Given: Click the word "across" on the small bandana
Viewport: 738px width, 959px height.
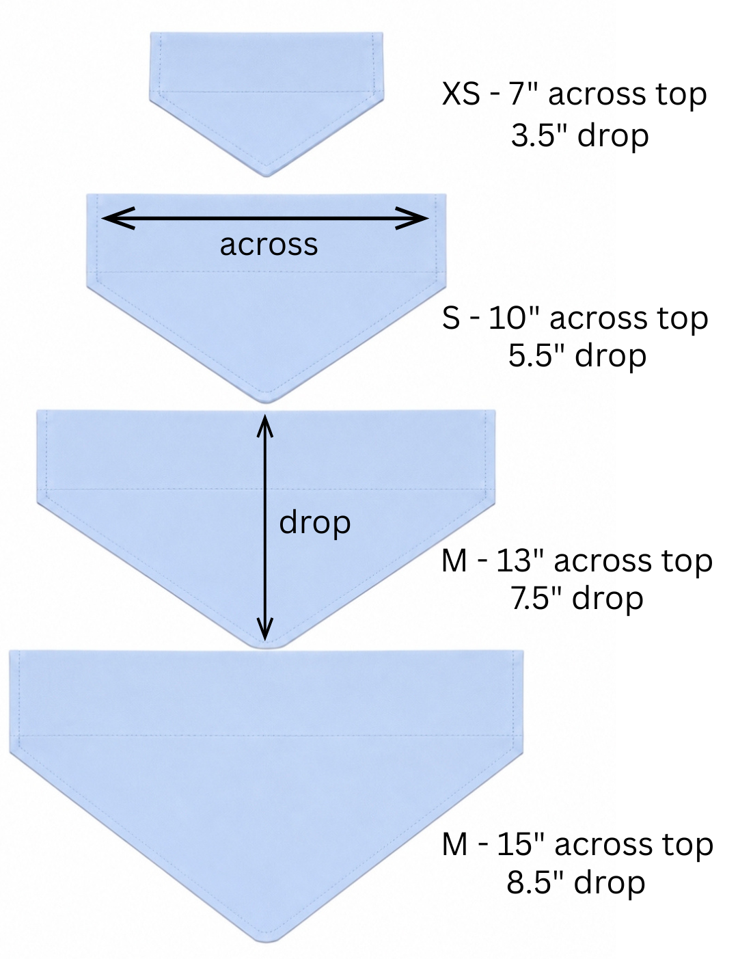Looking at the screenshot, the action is [269, 245].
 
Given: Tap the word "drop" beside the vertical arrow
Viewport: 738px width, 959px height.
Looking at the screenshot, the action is [315, 524].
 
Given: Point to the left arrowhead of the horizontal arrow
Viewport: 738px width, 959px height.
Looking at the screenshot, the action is [118, 217].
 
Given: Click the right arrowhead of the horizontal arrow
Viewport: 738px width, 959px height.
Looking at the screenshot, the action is [411, 217].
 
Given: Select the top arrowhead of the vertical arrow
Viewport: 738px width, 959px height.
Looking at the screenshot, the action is [264, 426].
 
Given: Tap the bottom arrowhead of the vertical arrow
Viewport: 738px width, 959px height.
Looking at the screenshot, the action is [264, 628].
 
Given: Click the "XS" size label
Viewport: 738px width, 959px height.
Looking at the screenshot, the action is [461, 94].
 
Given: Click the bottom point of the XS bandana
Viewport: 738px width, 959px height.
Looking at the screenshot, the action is [266, 176].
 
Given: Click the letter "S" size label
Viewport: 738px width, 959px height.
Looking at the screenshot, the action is [451, 319].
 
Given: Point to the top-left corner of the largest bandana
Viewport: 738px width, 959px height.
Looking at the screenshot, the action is [10, 651].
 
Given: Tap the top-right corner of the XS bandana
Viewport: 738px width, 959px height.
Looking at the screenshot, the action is [383, 33].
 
